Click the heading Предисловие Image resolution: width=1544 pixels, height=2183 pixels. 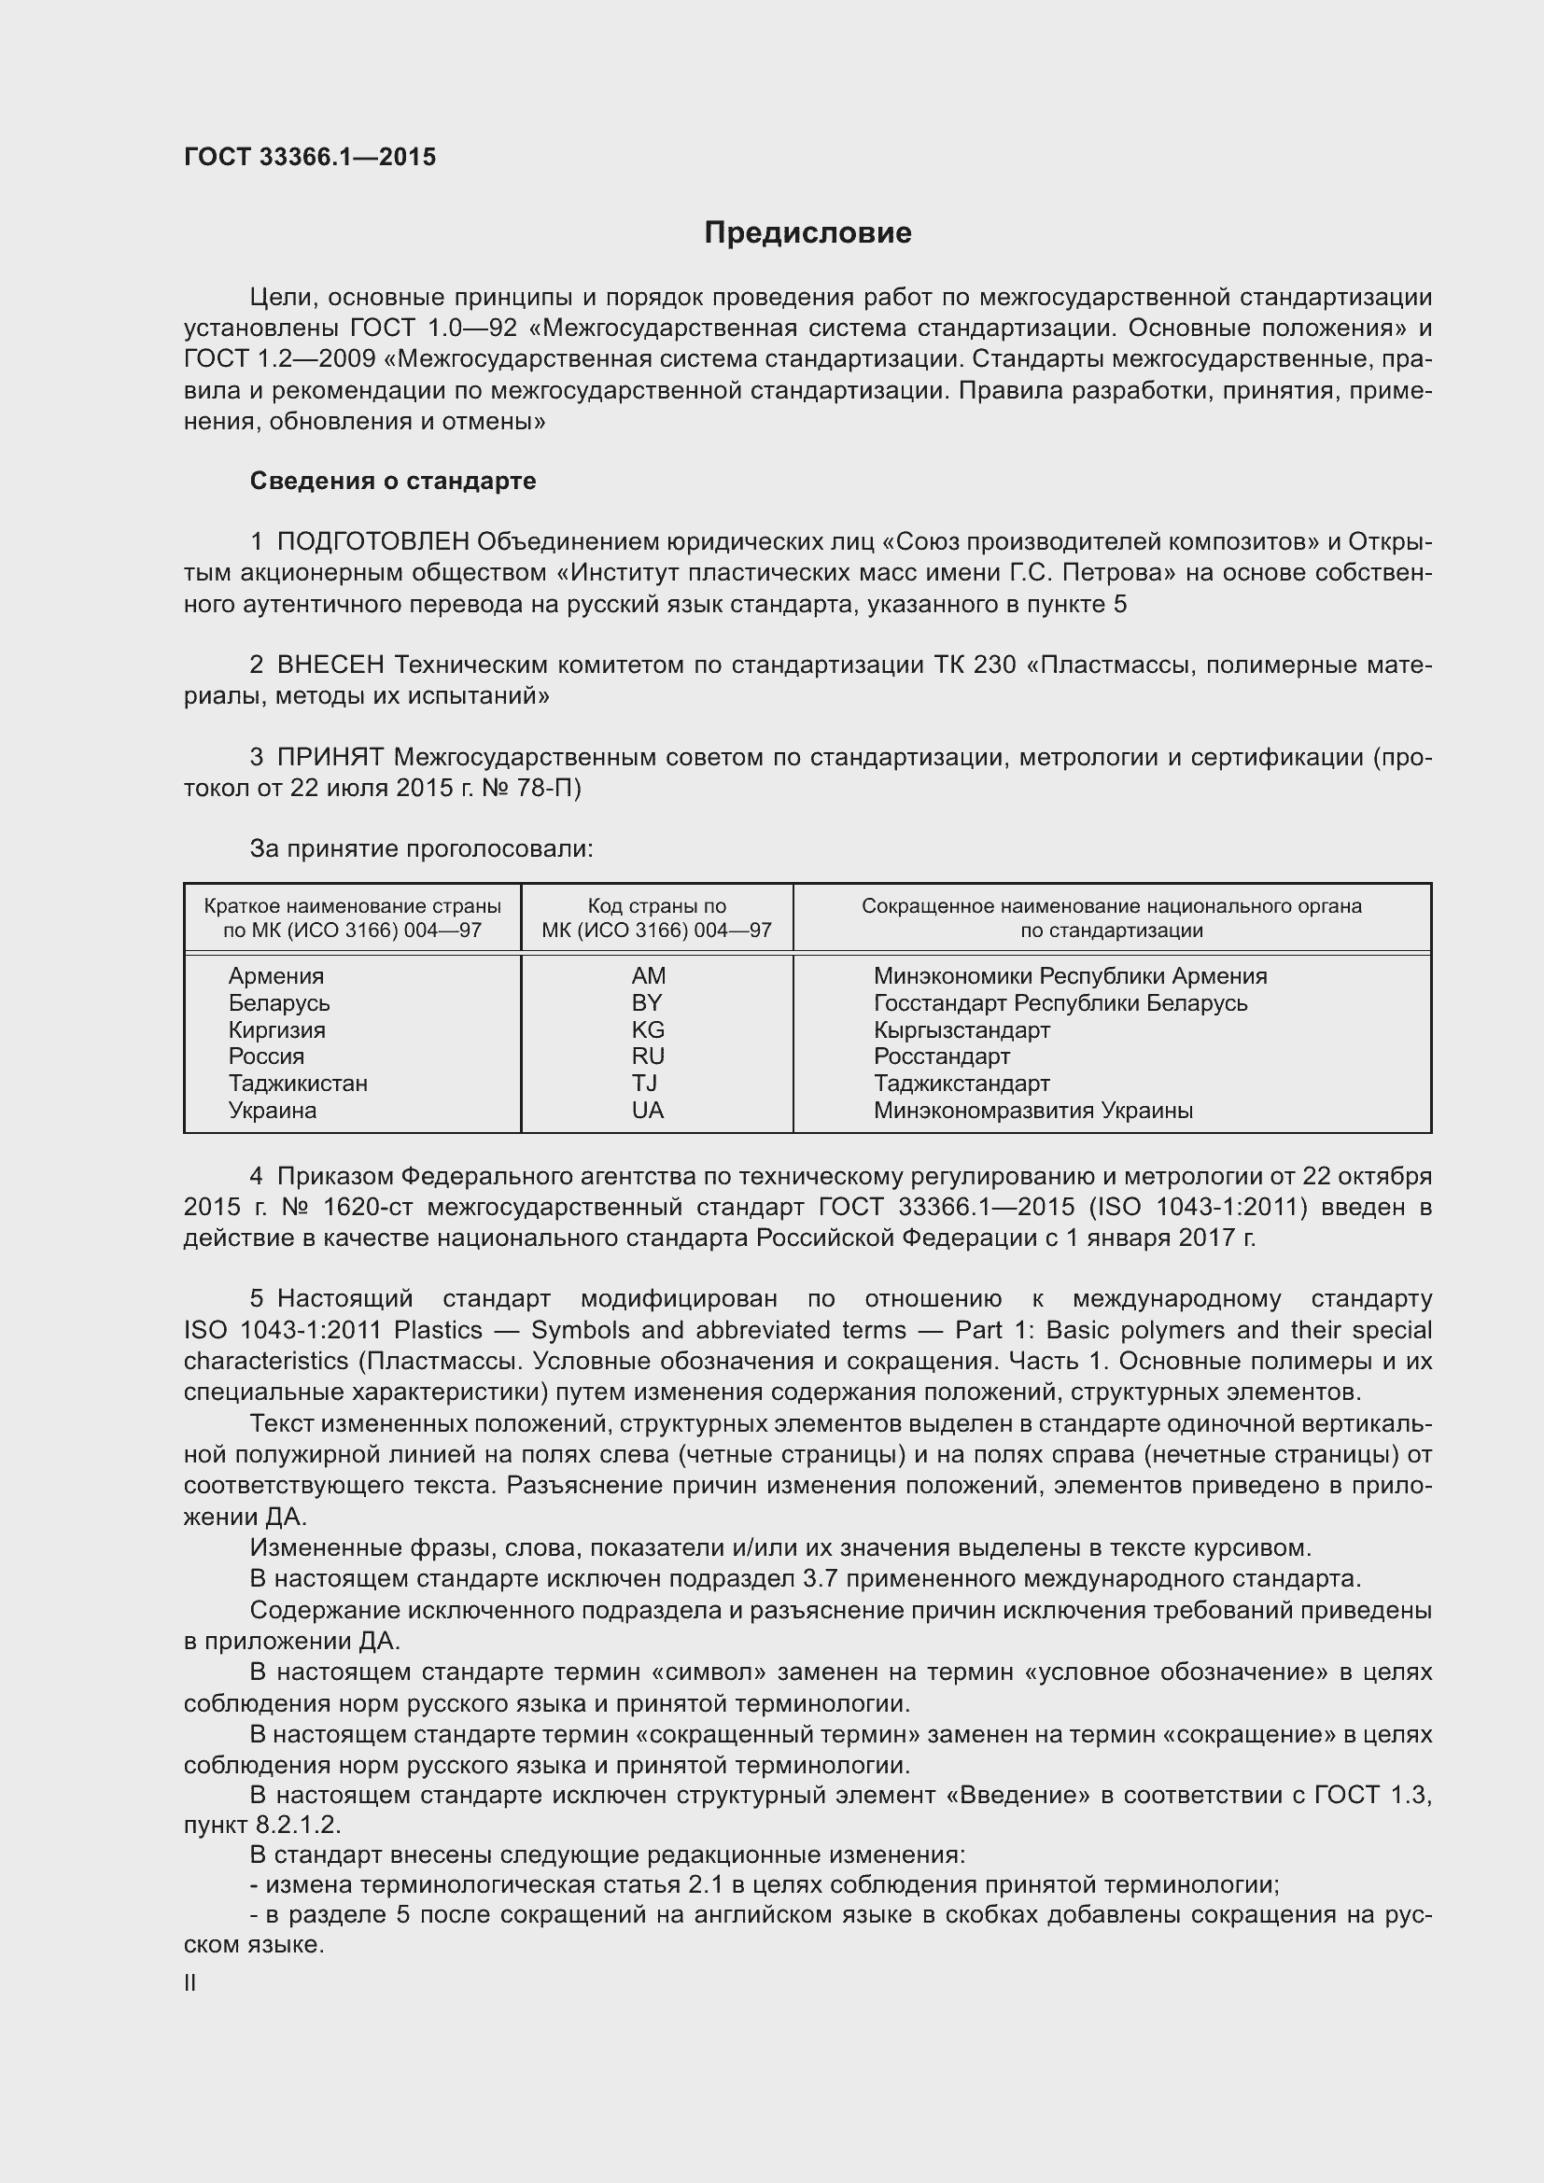[807, 233]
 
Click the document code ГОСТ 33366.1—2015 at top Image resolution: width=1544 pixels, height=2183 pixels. [310, 157]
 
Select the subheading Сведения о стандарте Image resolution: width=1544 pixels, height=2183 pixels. [393, 481]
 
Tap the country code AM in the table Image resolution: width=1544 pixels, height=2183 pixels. [649, 975]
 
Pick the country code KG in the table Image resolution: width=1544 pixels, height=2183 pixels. [649, 1029]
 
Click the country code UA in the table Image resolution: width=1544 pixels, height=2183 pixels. [649, 1110]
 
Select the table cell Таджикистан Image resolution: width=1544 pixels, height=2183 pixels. [298, 1083]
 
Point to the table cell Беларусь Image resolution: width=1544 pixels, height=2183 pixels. [278, 1003]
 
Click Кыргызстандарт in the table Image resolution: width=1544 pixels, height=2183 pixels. [961, 1029]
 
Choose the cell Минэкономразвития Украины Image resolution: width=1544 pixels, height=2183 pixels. [1032, 1110]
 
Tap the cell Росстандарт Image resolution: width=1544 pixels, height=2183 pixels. [941, 1057]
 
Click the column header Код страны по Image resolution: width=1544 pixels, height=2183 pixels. [656, 906]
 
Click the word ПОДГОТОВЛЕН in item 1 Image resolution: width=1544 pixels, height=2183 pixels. [372, 542]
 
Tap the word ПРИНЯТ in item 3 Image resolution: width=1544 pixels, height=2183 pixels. [330, 757]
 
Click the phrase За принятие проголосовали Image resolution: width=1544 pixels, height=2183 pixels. [421, 848]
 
